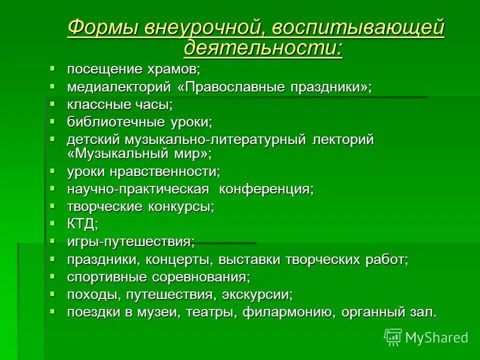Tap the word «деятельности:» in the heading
(263, 48)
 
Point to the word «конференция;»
(267, 189)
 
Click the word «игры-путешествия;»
(131, 241)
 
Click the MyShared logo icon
(393, 337)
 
